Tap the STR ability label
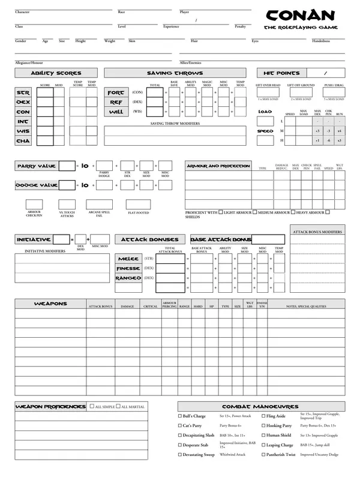click(23, 93)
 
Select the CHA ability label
click(23, 141)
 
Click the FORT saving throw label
click(115, 93)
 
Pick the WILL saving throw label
click(115, 112)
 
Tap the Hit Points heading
click(281, 73)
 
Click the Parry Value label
click(37, 166)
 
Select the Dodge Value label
click(37, 186)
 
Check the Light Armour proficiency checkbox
click(221, 212)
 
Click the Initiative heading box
click(34, 239)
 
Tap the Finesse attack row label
click(128, 268)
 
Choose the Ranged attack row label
click(128, 278)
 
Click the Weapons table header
click(50, 304)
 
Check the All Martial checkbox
click(118, 407)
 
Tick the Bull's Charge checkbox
click(180, 416)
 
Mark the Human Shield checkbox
click(262, 435)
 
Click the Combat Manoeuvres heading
click(260, 407)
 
